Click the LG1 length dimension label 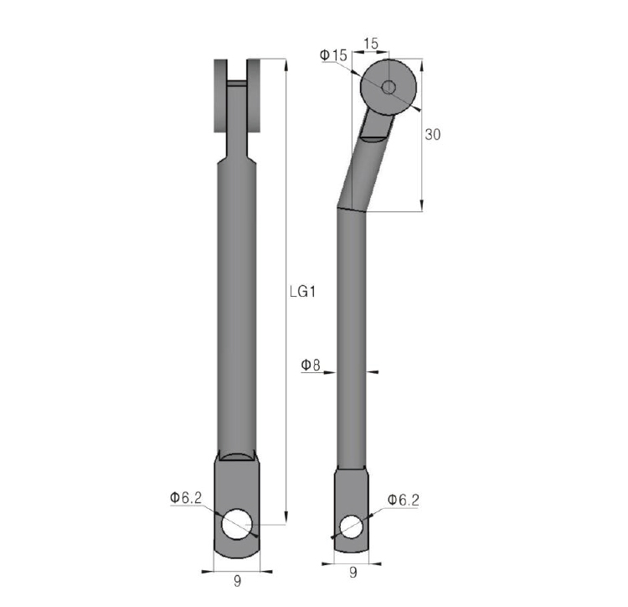click(302, 292)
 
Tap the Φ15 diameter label click(333, 55)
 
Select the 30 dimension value click(433, 134)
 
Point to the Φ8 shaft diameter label click(311, 365)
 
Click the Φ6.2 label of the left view click(185, 497)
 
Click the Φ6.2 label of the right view click(404, 500)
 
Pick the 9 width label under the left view click(238, 581)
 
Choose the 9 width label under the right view click(353, 572)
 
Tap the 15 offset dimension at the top click(371, 44)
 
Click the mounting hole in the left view click(238, 524)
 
